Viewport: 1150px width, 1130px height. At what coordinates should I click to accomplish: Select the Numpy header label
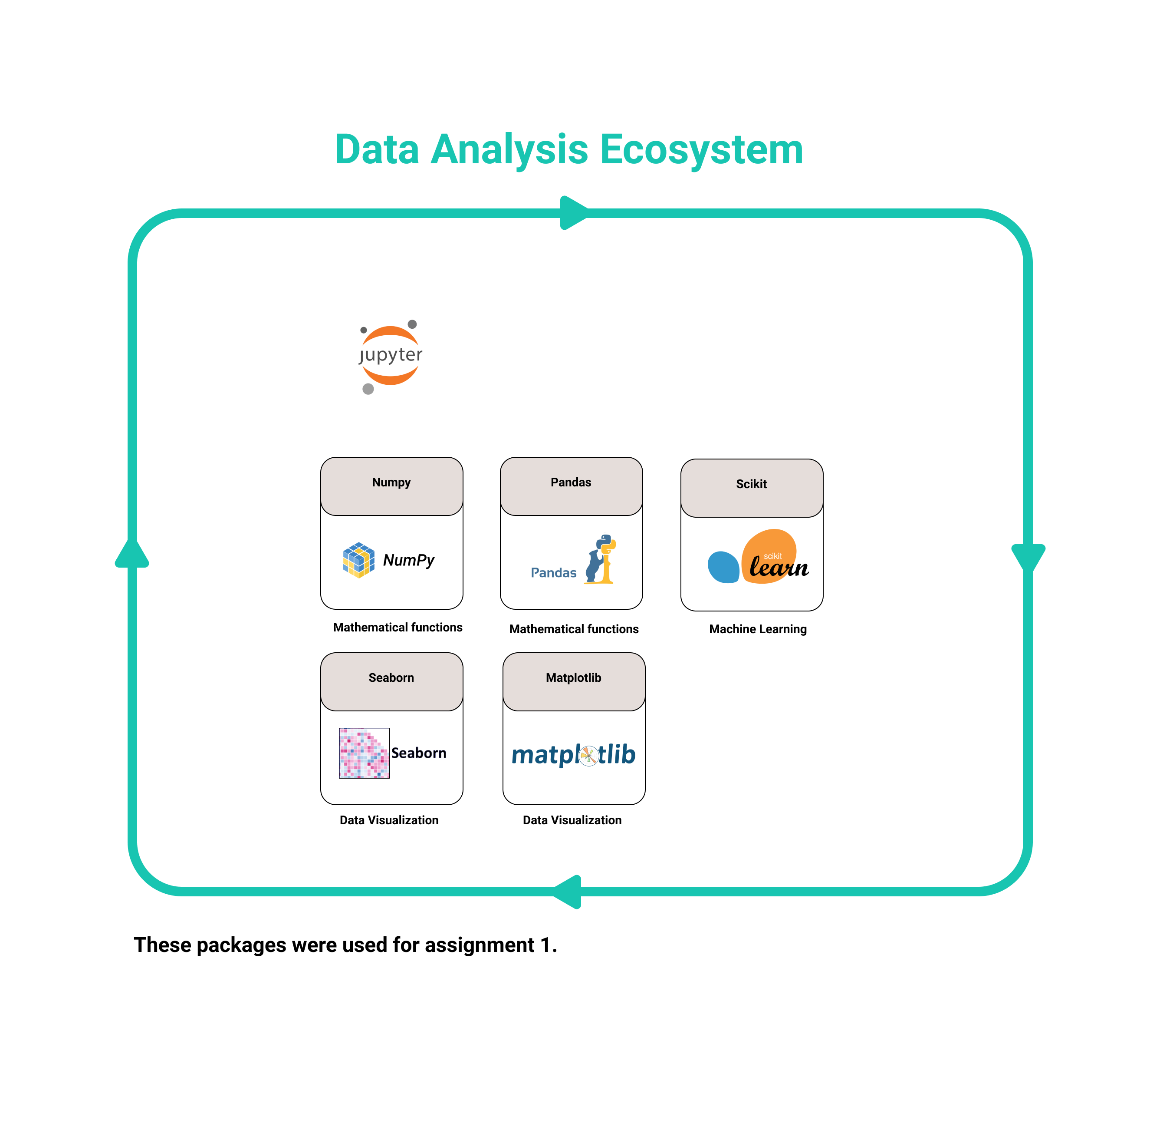pos(391,482)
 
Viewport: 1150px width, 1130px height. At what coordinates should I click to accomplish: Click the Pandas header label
pos(571,482)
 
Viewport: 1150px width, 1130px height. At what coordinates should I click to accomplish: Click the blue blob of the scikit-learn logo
pos(723,567)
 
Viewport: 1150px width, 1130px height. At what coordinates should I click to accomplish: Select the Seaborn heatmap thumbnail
pos(364,753)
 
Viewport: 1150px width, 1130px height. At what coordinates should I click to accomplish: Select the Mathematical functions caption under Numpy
pos(398,627)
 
